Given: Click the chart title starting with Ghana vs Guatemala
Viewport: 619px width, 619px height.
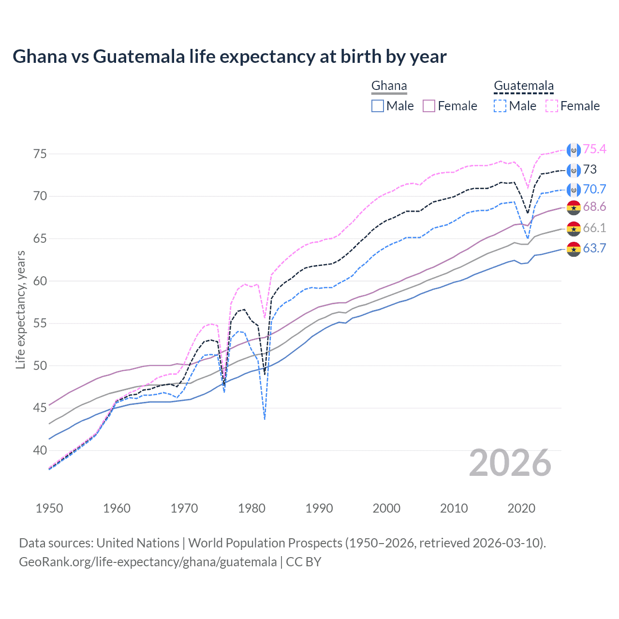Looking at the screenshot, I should point(229,57).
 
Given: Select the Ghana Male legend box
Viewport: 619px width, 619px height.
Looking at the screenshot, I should point(378,106).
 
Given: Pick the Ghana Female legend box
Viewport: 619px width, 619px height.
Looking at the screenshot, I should point(429,106).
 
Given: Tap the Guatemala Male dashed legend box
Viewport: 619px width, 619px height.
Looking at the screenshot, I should point(500,106).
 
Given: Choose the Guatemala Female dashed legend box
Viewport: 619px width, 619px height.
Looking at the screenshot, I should point(551,106).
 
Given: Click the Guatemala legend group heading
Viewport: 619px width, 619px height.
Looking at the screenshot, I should point(523,86).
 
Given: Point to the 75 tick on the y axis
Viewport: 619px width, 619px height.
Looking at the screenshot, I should point(40,154).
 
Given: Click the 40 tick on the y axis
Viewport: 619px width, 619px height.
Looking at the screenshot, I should point(40,450).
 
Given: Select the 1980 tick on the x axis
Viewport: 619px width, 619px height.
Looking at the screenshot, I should point(251,508).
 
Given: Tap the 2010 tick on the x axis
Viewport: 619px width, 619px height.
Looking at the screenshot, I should point(454,508).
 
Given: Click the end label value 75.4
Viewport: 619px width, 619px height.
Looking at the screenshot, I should point(594,149).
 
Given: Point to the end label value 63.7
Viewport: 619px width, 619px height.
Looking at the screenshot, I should point(594,249).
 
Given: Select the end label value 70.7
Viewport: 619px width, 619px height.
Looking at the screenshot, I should point(594,189).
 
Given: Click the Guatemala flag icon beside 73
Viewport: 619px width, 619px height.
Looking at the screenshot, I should point(574,170).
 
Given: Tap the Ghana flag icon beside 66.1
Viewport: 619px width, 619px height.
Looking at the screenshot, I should point(574,228).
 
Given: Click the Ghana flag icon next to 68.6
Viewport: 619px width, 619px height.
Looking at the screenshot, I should point(574,207).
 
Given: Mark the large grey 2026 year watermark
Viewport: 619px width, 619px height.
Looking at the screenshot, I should point(510,463).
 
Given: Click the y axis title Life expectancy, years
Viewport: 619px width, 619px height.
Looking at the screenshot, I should point(20,309).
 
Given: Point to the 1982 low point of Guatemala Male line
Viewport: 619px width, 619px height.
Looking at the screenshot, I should point(265,419).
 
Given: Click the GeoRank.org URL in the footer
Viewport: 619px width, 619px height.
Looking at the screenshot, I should point(147,562).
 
